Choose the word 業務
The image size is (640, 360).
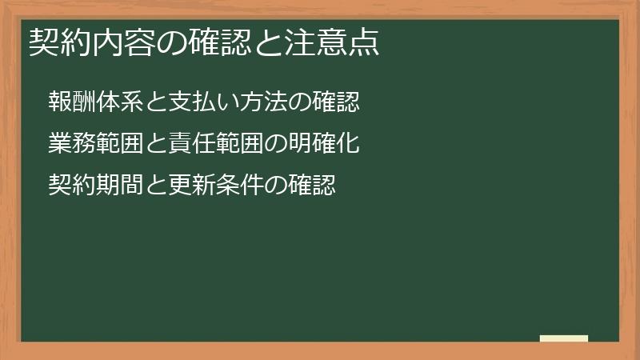tap(70, 145)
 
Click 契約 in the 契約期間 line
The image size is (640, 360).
tap(70, 186)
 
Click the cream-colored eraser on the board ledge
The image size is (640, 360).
tap(564, 338)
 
